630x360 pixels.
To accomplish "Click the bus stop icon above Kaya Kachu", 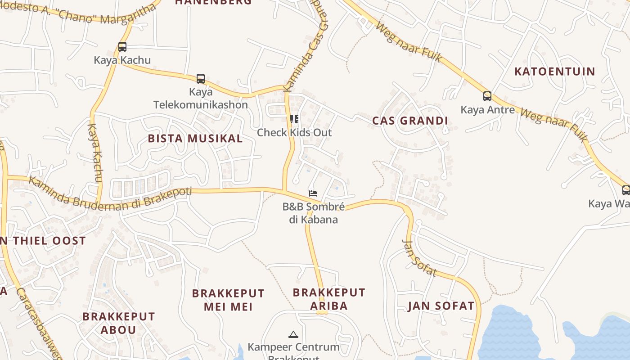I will click(x=122, y=46).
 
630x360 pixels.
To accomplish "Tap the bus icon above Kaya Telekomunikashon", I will click(x=201, y=79).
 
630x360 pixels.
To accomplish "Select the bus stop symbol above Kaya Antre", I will click(x=487, y=96).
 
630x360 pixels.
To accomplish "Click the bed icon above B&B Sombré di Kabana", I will click(x=313, y=193).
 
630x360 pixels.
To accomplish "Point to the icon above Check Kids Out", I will click(x=294, y=119).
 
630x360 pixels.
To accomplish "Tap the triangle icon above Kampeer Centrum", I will click(x=293, y=334).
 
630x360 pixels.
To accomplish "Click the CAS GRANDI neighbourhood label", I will click(x=410, y=121).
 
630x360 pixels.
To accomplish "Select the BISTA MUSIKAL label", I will click(x=195, y=139).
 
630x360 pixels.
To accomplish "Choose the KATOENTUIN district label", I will click(x=554, y=72).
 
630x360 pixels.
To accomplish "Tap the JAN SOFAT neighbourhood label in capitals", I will click(x=441, y=306).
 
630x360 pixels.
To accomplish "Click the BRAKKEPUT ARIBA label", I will click(x=329, y=299).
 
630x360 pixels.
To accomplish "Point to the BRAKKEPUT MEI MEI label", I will click(x=228, y=300).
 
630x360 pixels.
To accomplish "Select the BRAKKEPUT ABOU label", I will click(x=118, y=323).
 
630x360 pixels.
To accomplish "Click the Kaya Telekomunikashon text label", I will click(x=201, y=99).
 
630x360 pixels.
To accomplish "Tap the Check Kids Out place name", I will click(x=294, y=133).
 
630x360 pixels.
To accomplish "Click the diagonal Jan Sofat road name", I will click(x=419, y=258).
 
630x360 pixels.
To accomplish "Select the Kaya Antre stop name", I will click(x=487, y=109).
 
